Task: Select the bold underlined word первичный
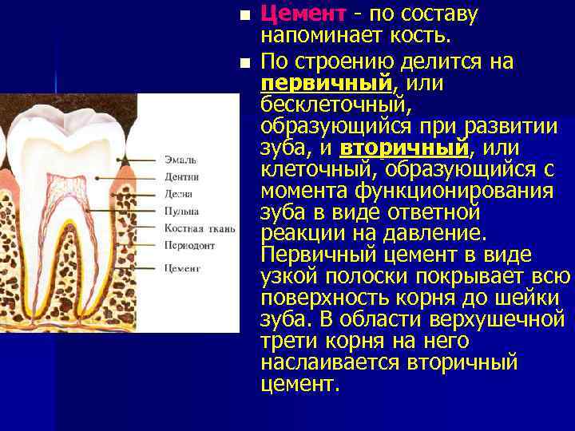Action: pyautogui.click(x=325, y=83)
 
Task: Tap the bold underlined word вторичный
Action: pyautogui.click(x=404, y=148)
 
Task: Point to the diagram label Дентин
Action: pyautogui.click(x=181, y=176)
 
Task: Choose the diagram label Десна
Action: pyautogui.click(x=179, y=193)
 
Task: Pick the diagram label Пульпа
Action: pyautogui.click(x=181, y=211)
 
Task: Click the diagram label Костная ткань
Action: pyautogui.click(x=199, y=229)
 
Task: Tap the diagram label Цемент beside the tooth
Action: pyautogui.click(x=182, y=269)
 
